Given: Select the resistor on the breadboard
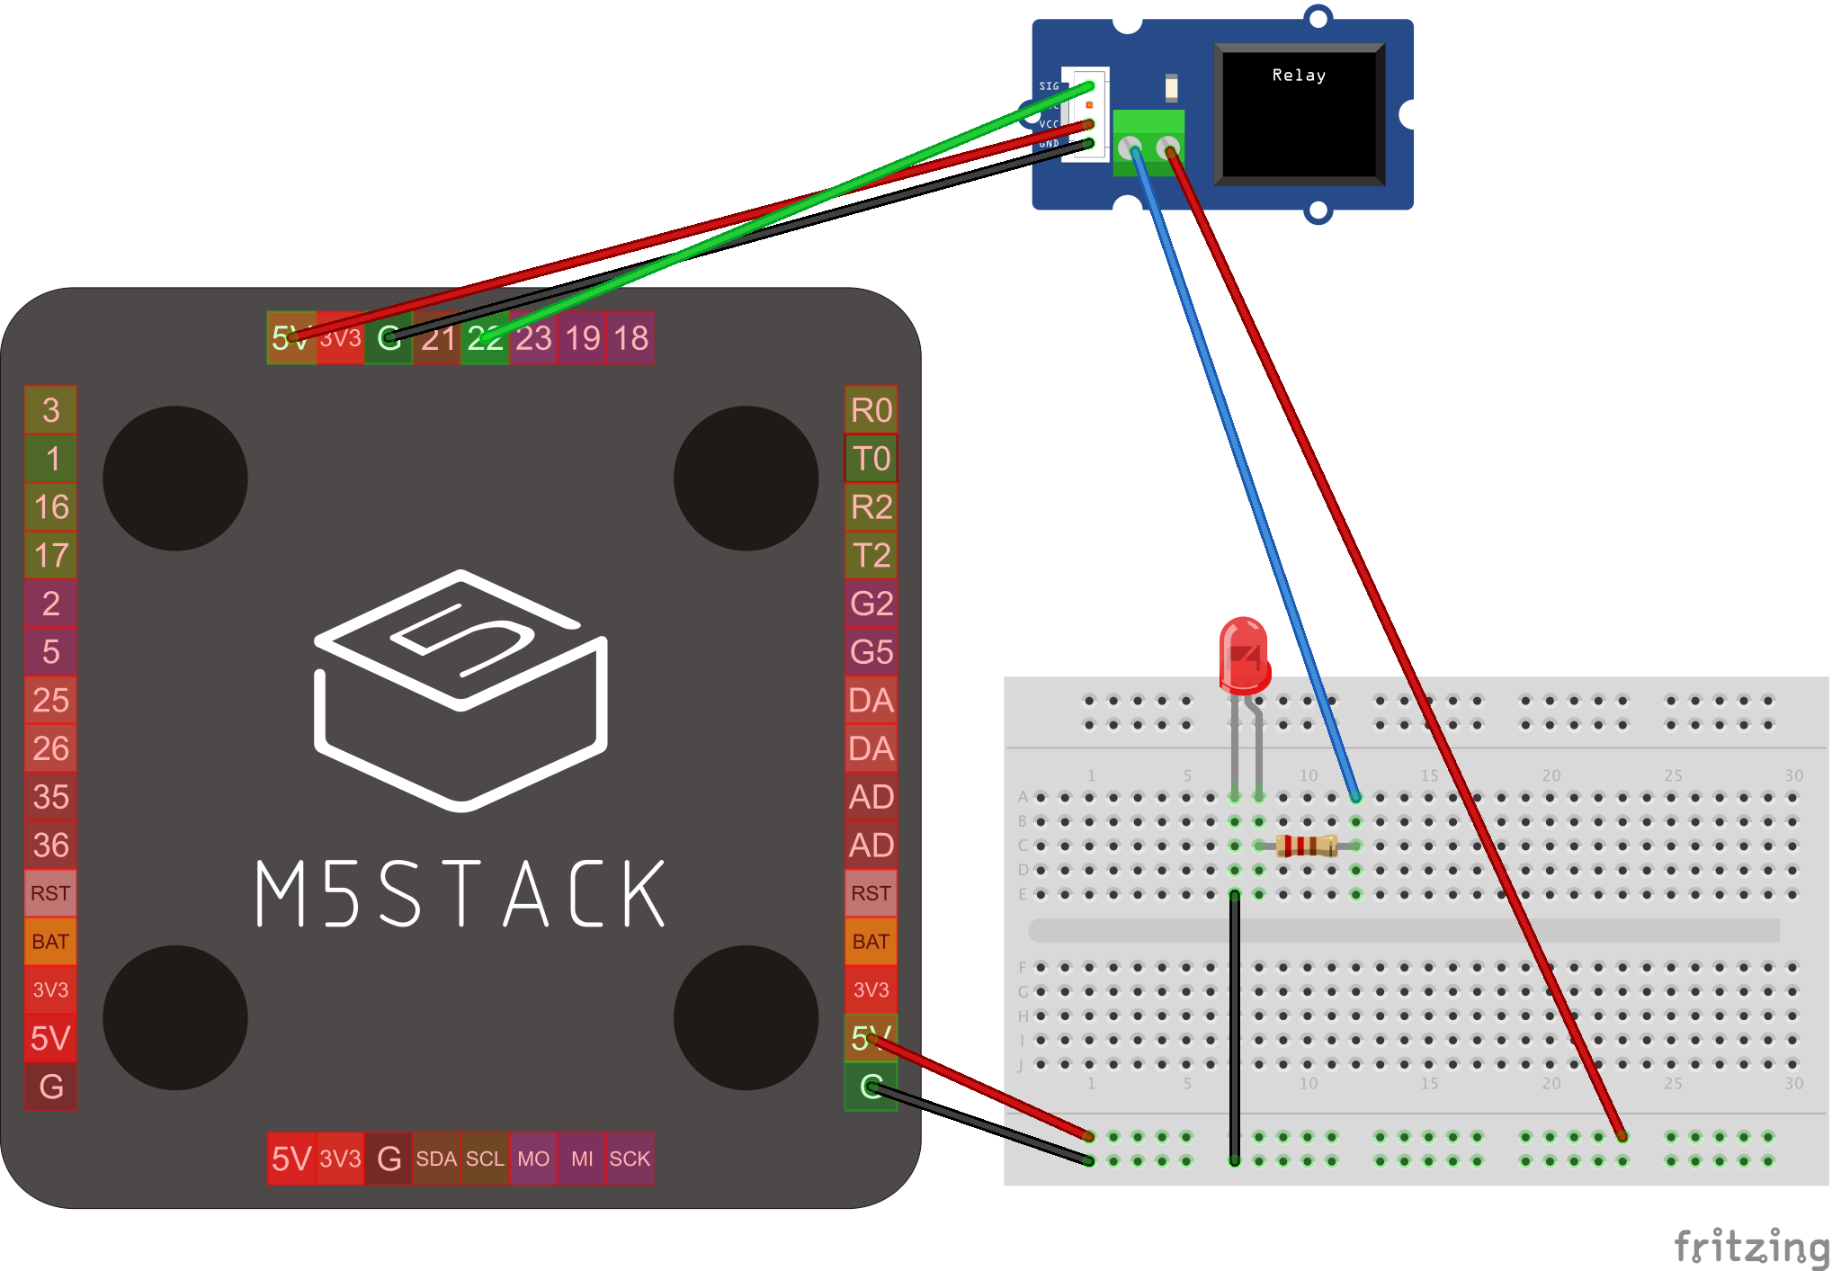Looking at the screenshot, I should click(x=1307, y=846).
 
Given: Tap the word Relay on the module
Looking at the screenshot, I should click(x=1299, y=76).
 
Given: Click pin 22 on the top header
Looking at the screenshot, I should click(x=485, y=338).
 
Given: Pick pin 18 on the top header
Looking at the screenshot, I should click(x=630, y=338).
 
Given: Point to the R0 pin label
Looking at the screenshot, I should click(x=871, y=410).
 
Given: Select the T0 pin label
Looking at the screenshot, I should click(x=871, y=459).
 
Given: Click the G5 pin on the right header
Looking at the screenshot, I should click(x=871, y=651).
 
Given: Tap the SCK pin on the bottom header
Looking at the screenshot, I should click(x=630, y=1159).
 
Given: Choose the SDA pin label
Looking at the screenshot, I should click(x=436, y=1159).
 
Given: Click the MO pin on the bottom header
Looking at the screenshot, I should click(x=533, y=1159).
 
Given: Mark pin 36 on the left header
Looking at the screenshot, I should click(x=50, y=845).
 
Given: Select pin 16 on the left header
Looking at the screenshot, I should click(x=50, y=506).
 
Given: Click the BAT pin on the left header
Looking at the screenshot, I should click(x=50, y=942).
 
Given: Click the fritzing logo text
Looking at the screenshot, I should click(x=1750, y=1247).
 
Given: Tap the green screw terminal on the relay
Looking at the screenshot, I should click(x=1148, y=141).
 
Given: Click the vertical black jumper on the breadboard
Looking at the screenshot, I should click(x=1235, y=1025).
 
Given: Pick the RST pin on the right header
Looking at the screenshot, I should click(x=871, y=893).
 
